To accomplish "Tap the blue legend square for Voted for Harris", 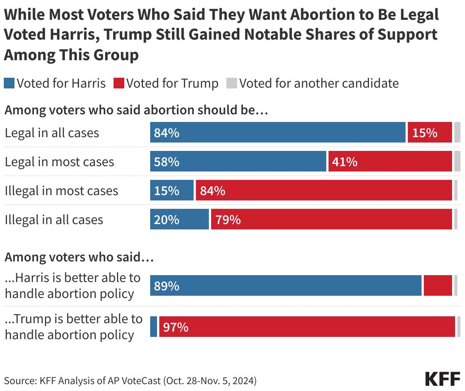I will pos(10,83).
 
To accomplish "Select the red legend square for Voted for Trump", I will pos(119,83).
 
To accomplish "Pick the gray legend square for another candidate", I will pos(232,83).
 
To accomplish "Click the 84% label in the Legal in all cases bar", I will pos(167,133).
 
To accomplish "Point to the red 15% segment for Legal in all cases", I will pos(430,133).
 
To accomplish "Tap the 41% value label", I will pos(345,162).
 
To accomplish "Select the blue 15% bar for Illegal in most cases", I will pos(172,191).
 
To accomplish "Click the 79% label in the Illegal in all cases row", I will pos(228,220).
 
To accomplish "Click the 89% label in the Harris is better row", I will pos(167,286).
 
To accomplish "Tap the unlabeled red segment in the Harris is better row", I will pos(438,286).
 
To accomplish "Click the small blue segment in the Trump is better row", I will pos(154,327).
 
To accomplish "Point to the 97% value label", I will pos(176,327).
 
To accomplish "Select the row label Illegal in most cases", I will pos(61,191).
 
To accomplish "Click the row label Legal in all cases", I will pos(52,133).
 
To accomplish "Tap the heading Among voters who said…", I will pos(79,257).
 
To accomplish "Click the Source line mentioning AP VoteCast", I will pos(130,380).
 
